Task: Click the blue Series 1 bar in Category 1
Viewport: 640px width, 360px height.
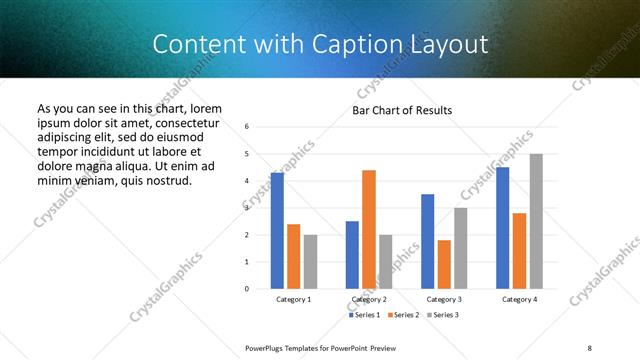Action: pyautogui.click(x=277, y=230)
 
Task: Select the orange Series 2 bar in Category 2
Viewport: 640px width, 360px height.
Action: pyautogui.click(x=369, y=229)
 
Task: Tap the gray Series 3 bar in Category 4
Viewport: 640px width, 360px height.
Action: pyautogui.click(x=536, y=221)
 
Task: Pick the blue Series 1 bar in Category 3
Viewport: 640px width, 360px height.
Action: pyautogui.click(x=427, y=241)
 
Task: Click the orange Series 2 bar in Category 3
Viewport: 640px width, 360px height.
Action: pyautogui.click(x=444, y=264)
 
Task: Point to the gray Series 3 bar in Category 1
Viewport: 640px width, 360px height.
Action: pyautogui.click(x=310, y=261)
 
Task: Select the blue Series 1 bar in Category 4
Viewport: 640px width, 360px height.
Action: pyautogui.click(x=502, y=227)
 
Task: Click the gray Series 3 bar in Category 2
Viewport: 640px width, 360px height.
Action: pyautogui.click(x=386, y=261)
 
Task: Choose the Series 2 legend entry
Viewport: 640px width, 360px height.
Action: pyautogui.click(x=403, y=315)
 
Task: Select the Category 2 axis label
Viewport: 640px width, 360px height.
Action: pyautogui.click(x=369, y=299)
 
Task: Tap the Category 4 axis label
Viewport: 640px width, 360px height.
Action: pyautogui.click(x=519, y=299)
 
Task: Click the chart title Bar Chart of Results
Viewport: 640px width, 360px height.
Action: pyautogui.click(x=402, y=110)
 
